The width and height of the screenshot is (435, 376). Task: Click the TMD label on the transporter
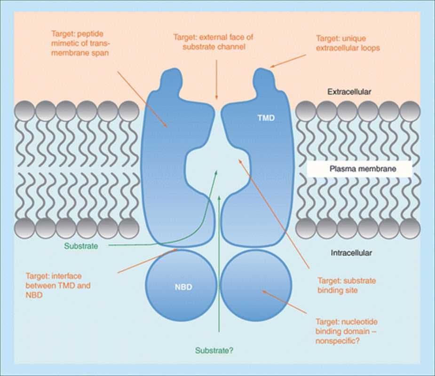[266, 119]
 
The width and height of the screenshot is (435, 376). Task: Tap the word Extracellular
[349, 92]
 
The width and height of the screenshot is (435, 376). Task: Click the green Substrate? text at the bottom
[214, 350]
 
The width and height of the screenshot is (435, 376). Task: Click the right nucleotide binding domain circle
[254, 287]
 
